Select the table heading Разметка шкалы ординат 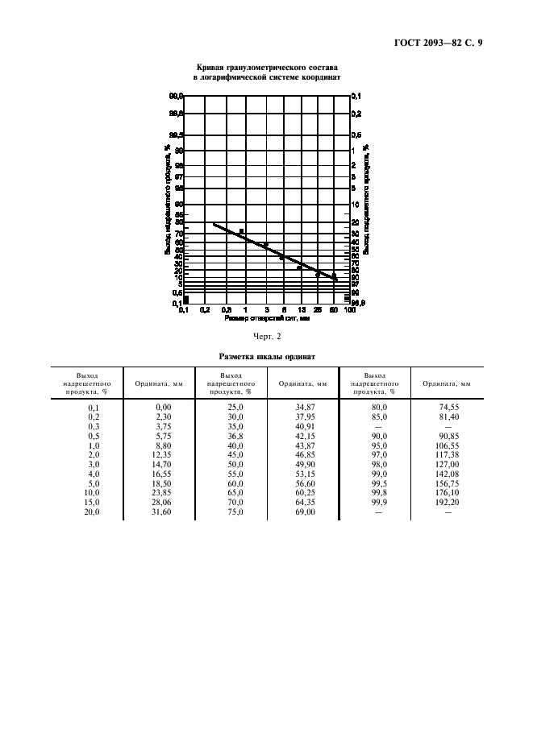click(x=267, y=355)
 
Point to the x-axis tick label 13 click(x=301, y=309)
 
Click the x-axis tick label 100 click(x=351, y=309)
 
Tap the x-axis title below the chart click(x=267, y=318)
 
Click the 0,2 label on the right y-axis click(x=356, y=114)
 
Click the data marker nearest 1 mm click(x=241, y=231)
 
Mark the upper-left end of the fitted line click(x=213, y=224)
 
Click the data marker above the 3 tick click(x=265, y=245)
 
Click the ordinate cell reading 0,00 click(x=164, y=408)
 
